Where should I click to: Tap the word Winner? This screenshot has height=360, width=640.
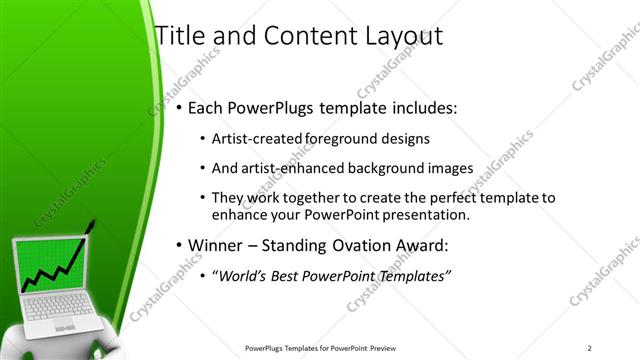coord(217,245)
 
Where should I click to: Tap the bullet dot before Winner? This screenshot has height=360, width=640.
coord(179,246)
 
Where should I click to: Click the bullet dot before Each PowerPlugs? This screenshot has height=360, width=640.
coord(179,107)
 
